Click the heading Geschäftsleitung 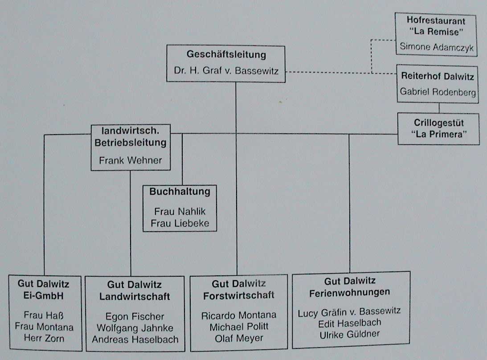pyautogui.click(x=226, y=55)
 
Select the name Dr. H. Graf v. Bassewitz pyautogui.click(x=226, y=71)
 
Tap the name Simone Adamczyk pyautogui.click(x=436, y=46)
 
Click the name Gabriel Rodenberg pyautogui.click(x=438, y=92)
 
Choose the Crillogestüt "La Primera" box pyautogui.click(x=438, y=129)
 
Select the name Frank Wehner pyautogui.click(x=131, y=160)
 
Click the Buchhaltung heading pyautogui.click(x=180, y=192)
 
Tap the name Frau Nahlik pyautogui.click(x=180, y=212)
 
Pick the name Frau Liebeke pyautogui.click(x=180, y=223)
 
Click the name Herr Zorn pyautogui.click(x=44, y=338)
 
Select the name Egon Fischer pyautogui.click(x=135, y=317)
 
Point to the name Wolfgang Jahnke pyautogui.click(x=135, y=328)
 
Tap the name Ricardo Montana pyautogui.click(x=238, y=315)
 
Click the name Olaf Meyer pyautogui.click(x=238, y=338)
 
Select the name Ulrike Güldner pyautogui.click(x=350, y=334)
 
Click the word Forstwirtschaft pyautogui.click(x=238, y=295)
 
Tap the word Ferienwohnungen pyautogui.click(x=350, y=292)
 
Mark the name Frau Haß pyautogui.click(x=44, y=316)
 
